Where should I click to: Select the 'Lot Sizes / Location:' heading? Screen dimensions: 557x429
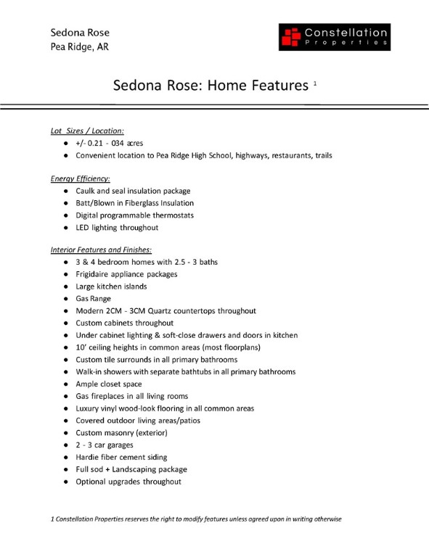point(87,131)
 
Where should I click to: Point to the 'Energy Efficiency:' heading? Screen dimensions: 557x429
point(80,178)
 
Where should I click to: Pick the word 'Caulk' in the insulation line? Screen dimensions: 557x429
point(86,191)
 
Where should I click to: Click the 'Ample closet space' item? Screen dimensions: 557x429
point(108,384)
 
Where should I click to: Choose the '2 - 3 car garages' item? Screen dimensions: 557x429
point(106,445)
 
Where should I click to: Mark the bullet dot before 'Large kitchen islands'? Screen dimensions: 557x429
point(66,286)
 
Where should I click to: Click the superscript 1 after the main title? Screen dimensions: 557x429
point(315,83)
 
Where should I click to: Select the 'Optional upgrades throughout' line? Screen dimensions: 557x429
point(128,482)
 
